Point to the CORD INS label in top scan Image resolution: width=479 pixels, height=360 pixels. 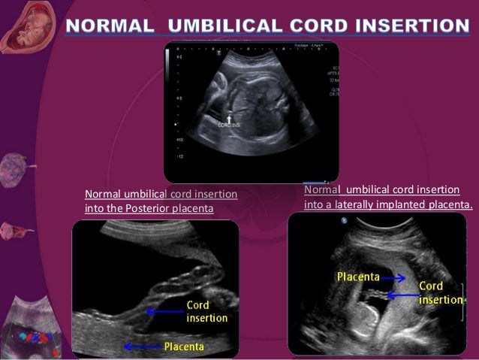(229, 126)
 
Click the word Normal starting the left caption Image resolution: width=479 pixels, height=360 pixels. (102, 195)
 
